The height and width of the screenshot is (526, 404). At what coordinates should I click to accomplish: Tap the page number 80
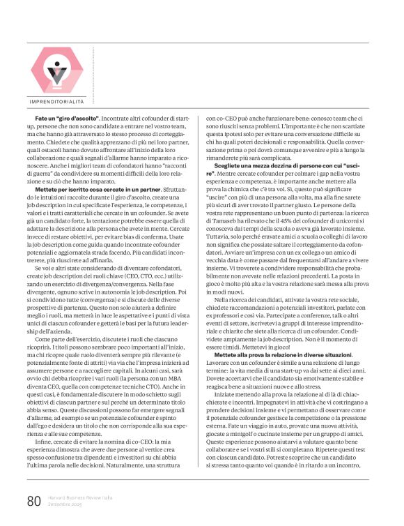coord(34,502)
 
